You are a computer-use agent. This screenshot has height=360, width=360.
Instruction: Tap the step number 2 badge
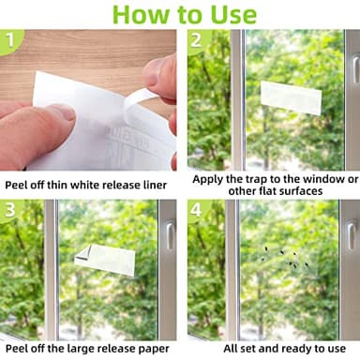pos(198,40)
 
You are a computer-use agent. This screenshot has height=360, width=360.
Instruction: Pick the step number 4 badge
pos(198,209)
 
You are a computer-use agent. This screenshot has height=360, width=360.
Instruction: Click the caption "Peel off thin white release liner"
pos(86,185)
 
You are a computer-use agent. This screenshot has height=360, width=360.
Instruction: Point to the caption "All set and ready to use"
pos(272,348)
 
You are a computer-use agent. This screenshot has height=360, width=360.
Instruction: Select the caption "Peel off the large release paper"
pos(86,348)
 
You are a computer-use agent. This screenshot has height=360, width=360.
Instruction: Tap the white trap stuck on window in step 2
pos(291,95)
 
